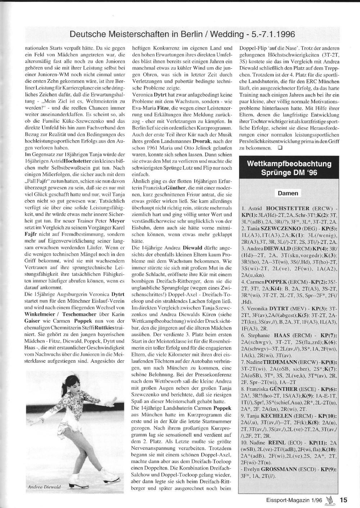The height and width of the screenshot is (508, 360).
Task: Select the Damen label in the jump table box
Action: (x=288, y=193)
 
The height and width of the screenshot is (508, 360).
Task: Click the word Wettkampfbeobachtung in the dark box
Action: (x=289, y=164)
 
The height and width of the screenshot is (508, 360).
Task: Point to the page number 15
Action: (x=344, y=500)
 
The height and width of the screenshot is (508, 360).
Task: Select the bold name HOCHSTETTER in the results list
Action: (x=287, y=208)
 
